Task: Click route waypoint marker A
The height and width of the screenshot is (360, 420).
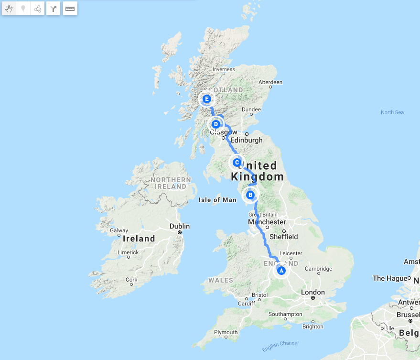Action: [x=281, y=271]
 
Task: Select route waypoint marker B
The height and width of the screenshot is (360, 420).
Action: [x=250, y=195]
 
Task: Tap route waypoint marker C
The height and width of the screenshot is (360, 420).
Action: [x=237, y=162]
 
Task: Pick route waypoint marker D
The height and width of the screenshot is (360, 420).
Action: [x=216, y=124]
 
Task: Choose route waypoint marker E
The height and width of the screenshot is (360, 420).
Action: [x=206, y=99]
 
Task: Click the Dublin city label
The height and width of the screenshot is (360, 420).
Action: [x=180, y=226]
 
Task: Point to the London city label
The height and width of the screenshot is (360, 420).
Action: [x=313, y=292]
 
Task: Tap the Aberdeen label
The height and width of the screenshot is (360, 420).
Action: [x=270, y=82]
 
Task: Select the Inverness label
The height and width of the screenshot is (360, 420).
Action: [x=224, y=69]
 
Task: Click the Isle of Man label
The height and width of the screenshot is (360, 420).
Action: [x=217, y=200]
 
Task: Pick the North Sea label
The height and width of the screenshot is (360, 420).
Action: [x=392, y=112]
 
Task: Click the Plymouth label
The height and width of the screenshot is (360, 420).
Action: [x=226, y=332]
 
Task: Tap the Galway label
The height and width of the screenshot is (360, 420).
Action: [x=119, y=230]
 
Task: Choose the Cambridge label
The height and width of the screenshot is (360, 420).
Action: [x=319, y=269]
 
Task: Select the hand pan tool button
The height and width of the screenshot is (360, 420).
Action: [x=9, y=8]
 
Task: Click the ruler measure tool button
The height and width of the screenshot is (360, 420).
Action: [x=70, y=8]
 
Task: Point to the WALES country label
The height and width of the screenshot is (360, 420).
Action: [x=221, y=281]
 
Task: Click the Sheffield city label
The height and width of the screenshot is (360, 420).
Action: [x=283, y=237]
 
